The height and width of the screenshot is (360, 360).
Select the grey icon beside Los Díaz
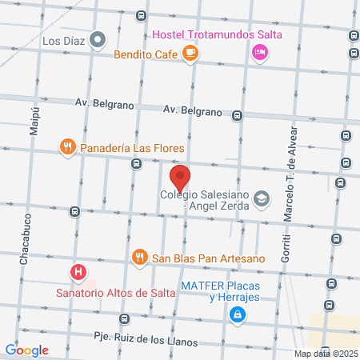coord(98,38)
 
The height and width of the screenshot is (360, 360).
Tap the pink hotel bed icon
coord(259,53)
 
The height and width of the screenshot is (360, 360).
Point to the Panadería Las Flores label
coord(133,148)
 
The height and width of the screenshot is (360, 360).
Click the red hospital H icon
coord(78,272)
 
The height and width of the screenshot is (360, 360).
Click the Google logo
coord(26,350)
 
